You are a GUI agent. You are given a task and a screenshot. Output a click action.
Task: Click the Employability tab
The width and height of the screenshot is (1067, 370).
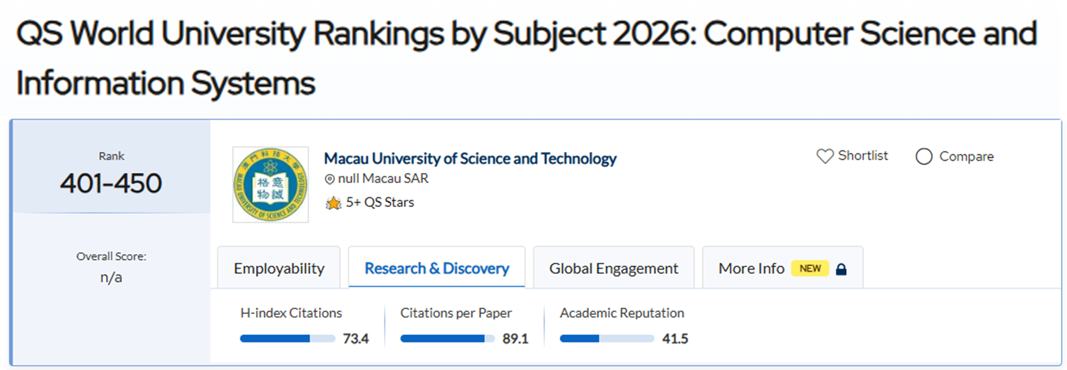point(279,268)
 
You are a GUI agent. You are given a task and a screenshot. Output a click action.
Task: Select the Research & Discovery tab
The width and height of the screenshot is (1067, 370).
point(437,268)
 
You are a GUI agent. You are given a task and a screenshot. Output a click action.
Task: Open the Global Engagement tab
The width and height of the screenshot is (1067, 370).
point(614,268)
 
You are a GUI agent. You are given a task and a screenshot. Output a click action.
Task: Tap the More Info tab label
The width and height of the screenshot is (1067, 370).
point(751,268)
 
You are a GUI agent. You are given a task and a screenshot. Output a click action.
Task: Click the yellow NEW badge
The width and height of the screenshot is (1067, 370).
point(810,268)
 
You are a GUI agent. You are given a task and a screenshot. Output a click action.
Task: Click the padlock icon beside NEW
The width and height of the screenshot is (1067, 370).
point(841,269)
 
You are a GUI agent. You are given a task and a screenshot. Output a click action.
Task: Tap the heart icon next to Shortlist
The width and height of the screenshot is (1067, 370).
point(825,156)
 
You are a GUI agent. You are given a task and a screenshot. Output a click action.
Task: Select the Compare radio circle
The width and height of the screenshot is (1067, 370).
point(924,157)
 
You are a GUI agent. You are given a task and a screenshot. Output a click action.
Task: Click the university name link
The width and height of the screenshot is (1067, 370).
point(470,159)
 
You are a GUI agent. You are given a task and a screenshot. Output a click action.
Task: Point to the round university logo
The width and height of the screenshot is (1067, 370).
point(270,185)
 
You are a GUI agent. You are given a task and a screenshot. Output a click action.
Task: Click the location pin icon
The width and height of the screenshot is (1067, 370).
point(330,179)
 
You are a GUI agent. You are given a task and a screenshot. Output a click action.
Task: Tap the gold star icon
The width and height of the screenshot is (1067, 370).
point(333,203)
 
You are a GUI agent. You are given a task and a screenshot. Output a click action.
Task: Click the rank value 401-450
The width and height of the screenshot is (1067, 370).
point(111,183)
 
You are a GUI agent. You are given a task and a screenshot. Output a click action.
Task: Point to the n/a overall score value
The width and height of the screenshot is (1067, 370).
point(111,278)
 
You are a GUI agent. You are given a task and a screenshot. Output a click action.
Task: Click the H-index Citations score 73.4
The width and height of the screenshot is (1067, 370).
point(355,339)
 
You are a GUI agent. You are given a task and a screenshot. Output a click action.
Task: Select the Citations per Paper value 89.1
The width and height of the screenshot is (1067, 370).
point(515,339)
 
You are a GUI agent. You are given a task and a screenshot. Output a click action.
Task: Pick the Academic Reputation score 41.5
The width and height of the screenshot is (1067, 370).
point(675,339)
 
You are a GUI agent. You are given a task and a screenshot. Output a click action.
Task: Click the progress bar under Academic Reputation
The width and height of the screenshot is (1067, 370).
point(607,339)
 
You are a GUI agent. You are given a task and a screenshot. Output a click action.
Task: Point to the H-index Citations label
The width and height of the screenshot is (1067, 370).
point(291,313)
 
